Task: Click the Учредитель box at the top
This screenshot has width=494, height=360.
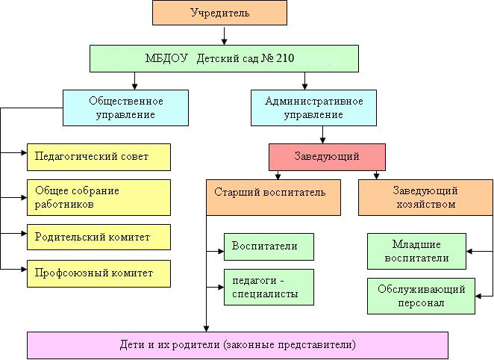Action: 219,13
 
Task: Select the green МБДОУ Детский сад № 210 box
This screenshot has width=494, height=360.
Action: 224,59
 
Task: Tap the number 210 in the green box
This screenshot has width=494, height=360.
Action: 285,58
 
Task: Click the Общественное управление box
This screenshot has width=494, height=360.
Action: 125,108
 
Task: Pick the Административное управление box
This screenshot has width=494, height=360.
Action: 313,108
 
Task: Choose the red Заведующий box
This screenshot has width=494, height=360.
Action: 327,158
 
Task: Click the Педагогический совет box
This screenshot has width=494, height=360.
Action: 99,158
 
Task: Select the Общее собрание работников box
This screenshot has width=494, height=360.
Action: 99,198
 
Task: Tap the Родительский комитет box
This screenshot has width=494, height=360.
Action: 99,237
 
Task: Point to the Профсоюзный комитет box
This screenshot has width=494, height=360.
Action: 99,273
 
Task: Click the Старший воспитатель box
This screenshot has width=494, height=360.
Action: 273,198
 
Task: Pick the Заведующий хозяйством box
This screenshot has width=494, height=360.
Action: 425,198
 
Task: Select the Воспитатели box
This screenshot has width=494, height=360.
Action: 269,246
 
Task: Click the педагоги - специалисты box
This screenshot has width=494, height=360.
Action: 269,288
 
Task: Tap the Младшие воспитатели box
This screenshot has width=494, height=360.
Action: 416,251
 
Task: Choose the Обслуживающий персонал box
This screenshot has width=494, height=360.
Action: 421,296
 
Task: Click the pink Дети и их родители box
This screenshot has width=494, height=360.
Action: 237,345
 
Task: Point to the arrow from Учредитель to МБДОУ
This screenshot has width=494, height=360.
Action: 224,36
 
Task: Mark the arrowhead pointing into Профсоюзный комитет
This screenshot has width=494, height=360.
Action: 24,269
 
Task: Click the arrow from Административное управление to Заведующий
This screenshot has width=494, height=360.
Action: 322,135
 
